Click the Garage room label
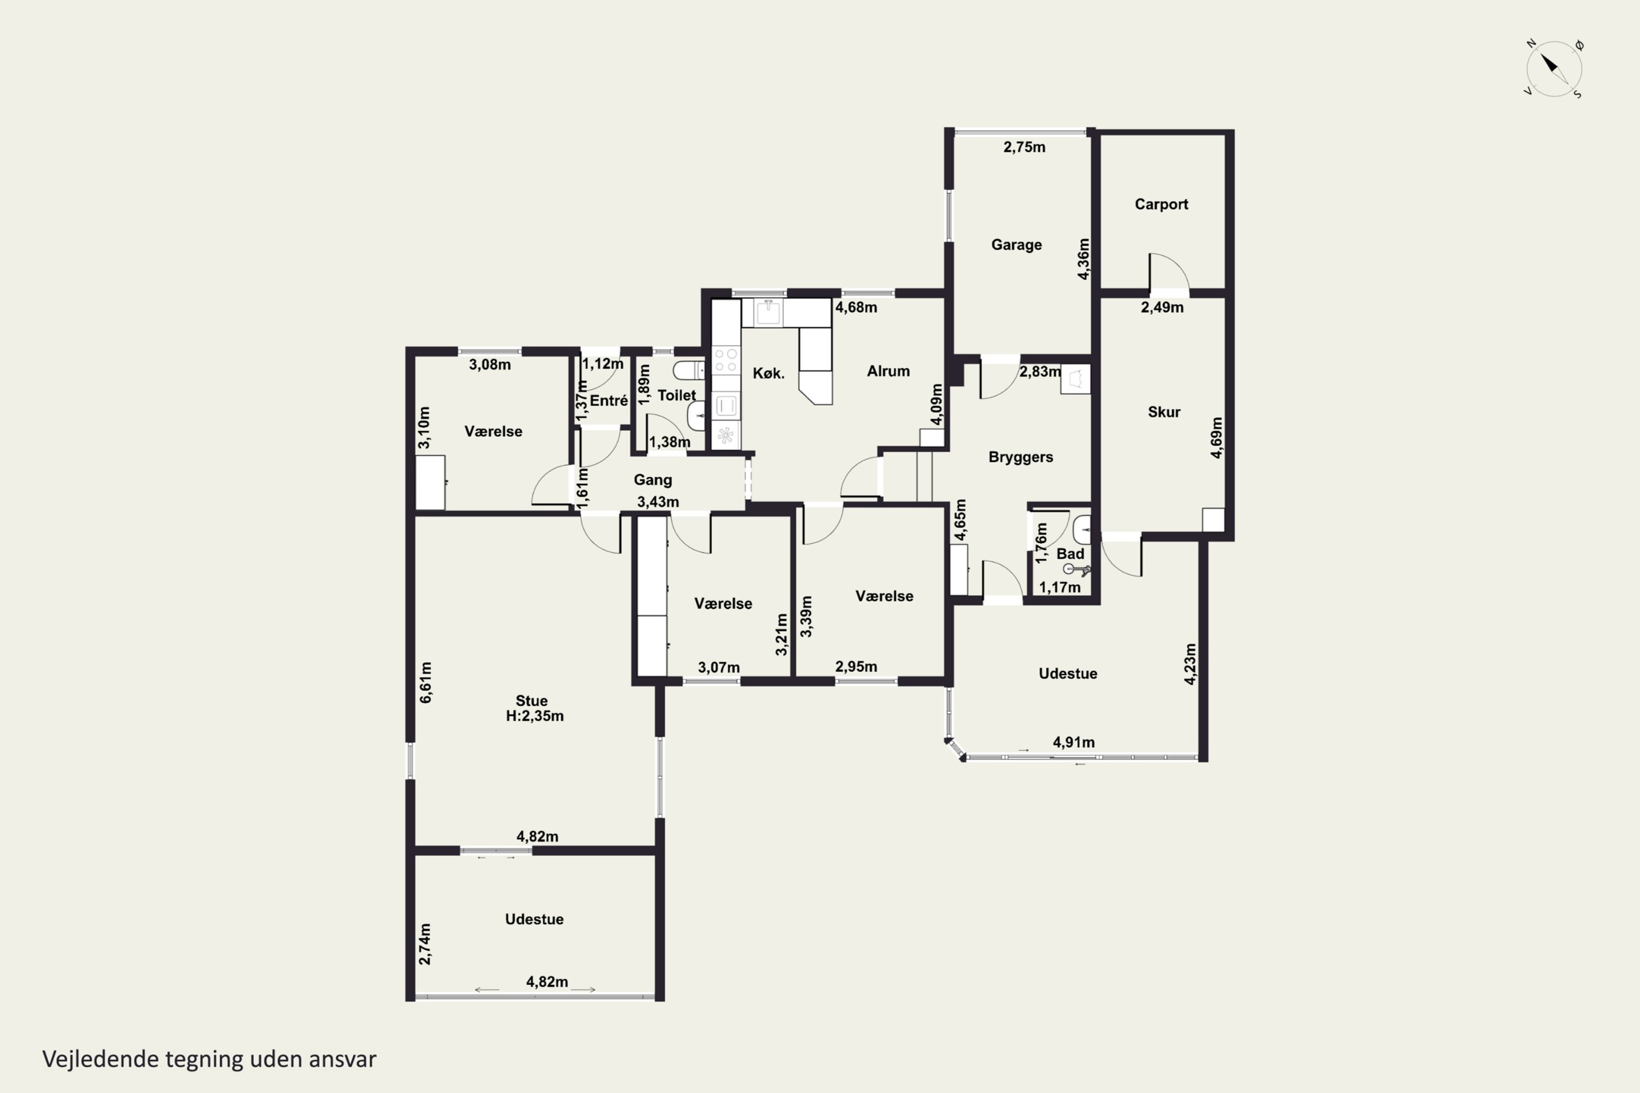pos(1016,245)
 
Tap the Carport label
pos(1161,204)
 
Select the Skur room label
pos(1164,412)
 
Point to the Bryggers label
pos(1021,457)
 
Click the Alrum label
pos(888,371)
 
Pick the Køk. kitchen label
pos(769,374)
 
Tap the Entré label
pos(609,401)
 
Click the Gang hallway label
pos(653,480)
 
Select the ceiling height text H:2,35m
pos(535,716)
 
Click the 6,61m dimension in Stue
pos(425,683)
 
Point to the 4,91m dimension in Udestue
pos(1073,742)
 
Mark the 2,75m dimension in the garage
pos(1024,147)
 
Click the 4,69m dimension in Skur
pos(1216,438)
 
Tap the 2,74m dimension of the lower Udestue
pos(425,944)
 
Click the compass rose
pos(1554,69)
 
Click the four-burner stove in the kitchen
pos(726,360)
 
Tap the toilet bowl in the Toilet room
pos(688,369)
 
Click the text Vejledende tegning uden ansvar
pos(209,1059)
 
